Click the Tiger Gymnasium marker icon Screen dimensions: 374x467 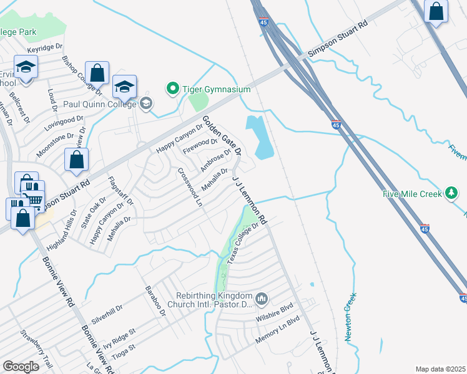coord(173,90)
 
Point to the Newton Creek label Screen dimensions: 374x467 coord(351,317)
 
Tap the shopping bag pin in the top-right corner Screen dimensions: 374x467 coord(436,12)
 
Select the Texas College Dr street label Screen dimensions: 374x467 coord(242,244)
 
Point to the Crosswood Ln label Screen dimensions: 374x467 coord(190,188)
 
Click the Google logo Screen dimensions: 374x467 coord(21,367)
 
